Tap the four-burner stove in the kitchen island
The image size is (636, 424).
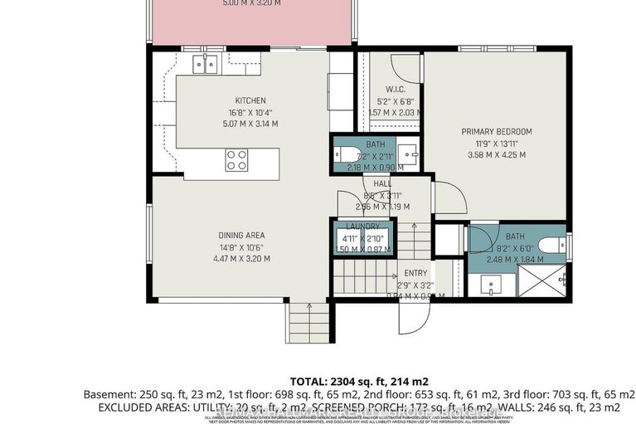tap(237, 158)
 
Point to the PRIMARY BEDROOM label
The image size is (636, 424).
tap(497, 131)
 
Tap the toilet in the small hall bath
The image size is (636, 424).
tap(342, 154)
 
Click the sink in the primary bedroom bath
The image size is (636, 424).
tap(490, 285)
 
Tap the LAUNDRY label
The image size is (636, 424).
tap(363, 226)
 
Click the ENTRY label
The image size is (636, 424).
tap(415, 273)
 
